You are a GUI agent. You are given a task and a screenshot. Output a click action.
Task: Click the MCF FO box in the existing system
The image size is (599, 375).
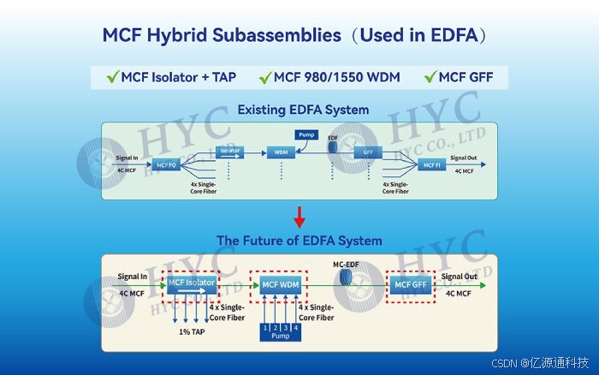166,164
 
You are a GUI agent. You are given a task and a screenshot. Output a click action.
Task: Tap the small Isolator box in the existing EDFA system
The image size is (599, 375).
230,152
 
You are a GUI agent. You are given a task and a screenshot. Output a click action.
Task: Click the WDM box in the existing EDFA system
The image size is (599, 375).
279,152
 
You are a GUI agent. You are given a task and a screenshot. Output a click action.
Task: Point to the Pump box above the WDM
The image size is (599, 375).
306,134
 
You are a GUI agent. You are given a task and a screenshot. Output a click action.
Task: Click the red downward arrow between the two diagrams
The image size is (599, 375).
299,215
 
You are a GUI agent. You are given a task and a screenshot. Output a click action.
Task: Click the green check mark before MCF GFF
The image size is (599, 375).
430,78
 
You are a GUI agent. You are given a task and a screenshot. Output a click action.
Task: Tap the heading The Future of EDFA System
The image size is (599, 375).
299,241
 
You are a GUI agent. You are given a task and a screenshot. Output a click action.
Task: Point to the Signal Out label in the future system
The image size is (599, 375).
459,277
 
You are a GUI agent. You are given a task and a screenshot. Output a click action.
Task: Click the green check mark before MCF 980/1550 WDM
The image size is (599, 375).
265,78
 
